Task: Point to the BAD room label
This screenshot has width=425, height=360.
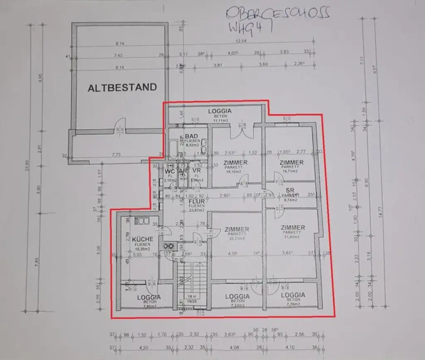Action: click(x=191, y=136)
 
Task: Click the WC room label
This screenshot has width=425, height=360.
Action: click(x=169, y=171)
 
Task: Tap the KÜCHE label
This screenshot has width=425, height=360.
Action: click(x=143, y=239)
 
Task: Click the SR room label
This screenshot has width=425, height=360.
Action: click(x=290, y=190)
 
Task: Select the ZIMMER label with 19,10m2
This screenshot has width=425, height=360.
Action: click(x=236, y=163)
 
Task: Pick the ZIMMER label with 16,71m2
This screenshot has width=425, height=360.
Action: click(x=291, y=162)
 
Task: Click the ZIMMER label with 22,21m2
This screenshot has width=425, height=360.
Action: click(x=236, y=229)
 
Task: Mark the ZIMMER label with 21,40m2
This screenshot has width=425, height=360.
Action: click(x=293, y=228)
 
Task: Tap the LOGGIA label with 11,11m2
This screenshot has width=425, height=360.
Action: click(x=220, y=111)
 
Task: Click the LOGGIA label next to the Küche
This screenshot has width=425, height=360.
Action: click(x=149, y=297)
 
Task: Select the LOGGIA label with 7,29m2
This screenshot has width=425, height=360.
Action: click(x=293, y=295)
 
